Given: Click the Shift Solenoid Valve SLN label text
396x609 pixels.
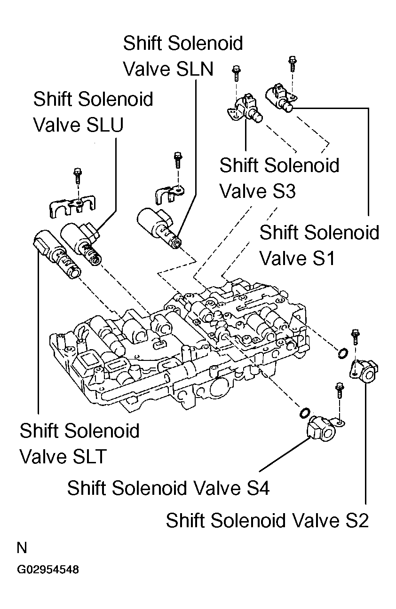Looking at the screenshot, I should pyautogui.click(x=182, y=56).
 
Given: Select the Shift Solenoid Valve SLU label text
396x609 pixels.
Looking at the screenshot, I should pyautogui.click(x=93, y=112).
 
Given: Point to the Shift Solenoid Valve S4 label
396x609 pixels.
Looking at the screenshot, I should pyautogui.click(x=168, y=488).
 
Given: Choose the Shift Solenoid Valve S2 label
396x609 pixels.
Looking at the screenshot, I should pyautogui.click(x=267, y=520).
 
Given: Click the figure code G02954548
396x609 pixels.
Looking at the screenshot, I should pyautogui.click(x=48, y=570).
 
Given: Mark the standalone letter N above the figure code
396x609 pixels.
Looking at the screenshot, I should pyautogui.click(x=22, y=548).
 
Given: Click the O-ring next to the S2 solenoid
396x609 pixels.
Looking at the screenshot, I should pyautogui.click(x=342, y=353).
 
